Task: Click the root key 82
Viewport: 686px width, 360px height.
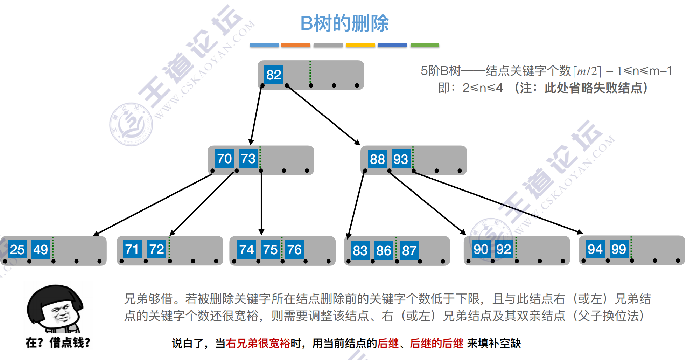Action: tap(274, 75)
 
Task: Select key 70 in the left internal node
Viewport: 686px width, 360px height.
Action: tap(224, 159)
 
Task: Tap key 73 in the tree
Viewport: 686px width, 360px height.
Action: tap(248, 159)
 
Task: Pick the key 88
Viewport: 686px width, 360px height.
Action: tap(377, 159)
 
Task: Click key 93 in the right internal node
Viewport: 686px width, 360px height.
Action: tap(400, 159)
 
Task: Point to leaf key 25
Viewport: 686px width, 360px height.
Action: tap(17, 250)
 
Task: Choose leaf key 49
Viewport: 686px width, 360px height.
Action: tap(41, 250)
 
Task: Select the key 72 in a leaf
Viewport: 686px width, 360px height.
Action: tap(156, 249)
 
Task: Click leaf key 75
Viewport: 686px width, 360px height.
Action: tap(270, 250)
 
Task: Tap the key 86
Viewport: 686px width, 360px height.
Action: tap(384, 251)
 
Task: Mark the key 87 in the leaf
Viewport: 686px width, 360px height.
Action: tap(409, 251)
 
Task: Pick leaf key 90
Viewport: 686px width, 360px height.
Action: tap(481, 249)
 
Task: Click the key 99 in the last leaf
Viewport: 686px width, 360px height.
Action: tap(618, 249)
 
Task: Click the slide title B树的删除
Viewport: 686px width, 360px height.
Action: tap(344, 23)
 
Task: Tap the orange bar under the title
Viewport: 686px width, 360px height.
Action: tap(296, 45)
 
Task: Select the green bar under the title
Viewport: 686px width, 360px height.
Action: tap(425, 45)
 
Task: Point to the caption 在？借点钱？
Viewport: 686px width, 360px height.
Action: tap(58, 342)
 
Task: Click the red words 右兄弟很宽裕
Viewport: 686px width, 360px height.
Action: tap(258, 343)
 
